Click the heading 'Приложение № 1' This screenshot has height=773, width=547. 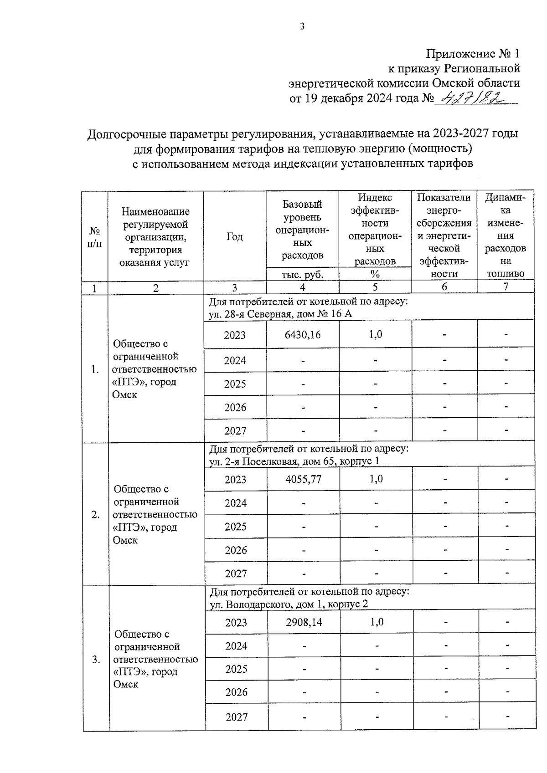tap(473, 54)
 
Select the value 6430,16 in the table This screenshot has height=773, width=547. tap(302, 335)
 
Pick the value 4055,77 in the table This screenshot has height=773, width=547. tap(303, 479)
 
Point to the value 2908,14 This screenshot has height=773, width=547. tap(304, 622)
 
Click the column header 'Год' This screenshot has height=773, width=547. tap(234, 236)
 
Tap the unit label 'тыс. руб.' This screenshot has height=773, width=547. tap(302, 274)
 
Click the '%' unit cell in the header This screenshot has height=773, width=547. tap(375, 274)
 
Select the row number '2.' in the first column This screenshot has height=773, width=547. tap(95, 515)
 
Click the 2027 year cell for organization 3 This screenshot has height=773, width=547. tap(236, 717)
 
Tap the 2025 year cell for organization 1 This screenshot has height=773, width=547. tap(235, 384)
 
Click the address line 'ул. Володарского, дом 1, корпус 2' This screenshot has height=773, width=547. tap(289, 604)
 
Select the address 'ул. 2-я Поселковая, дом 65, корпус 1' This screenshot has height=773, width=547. tap(294, 461)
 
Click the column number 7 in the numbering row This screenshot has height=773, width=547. tap(505, 287)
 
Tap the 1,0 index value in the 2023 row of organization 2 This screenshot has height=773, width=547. tap(376, 479)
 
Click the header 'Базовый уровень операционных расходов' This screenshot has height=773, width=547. tap(302, 230)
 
